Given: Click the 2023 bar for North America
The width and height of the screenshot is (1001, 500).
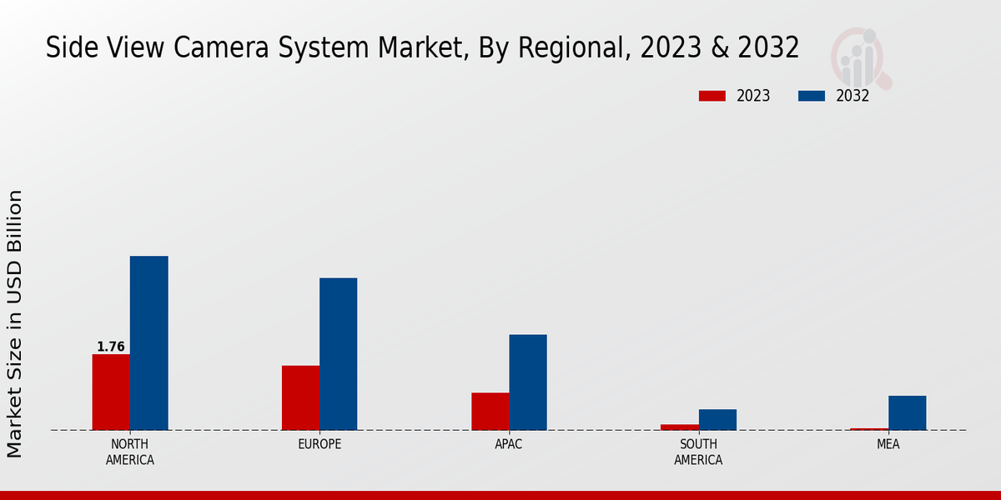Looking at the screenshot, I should [111, 392].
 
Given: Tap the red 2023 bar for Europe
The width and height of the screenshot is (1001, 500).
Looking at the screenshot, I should [300, 398].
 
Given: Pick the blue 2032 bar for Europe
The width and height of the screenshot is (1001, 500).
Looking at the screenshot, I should [338, 354].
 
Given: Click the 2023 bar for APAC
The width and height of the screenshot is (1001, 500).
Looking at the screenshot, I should [490, 412].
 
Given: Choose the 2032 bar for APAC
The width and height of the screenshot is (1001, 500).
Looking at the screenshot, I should [528, 382].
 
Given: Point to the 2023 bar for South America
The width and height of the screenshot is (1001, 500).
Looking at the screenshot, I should [680, 427].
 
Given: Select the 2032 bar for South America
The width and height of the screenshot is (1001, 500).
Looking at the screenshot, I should [717, 420].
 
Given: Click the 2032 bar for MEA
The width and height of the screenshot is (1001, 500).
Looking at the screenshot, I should [907, 413].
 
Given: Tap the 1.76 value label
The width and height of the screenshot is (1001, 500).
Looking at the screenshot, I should [111, 347].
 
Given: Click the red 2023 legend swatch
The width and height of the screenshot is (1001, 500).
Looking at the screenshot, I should [712, 96].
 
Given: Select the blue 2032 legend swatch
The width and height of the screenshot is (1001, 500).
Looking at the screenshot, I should [811, 96].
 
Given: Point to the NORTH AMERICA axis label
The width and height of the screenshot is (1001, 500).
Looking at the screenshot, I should [130, 452].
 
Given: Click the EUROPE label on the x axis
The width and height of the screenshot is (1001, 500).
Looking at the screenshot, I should [319, 444].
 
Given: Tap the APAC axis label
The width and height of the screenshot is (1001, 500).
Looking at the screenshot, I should [509, 444].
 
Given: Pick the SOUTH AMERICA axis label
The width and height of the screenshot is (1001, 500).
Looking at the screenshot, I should [698, 452].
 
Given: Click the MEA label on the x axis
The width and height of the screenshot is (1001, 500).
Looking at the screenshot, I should [888, 444].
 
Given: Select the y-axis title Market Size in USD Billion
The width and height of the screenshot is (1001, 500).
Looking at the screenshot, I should [16, 323].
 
